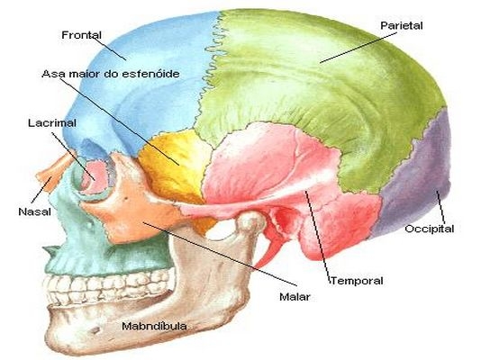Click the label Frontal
81,35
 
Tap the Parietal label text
401,25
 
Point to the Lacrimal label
52,123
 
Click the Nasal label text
34,211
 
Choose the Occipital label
429,229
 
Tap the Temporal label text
357,281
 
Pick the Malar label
295,297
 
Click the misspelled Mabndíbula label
154,326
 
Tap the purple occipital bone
417,177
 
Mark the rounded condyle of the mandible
251,221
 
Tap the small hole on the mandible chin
96,331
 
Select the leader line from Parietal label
358,48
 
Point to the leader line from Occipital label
440,207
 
